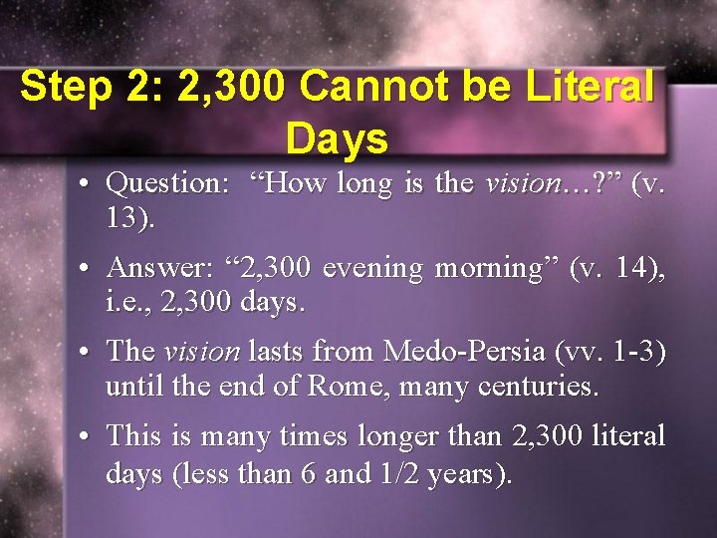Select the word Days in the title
337,139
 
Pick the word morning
484,269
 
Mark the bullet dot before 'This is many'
89,437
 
